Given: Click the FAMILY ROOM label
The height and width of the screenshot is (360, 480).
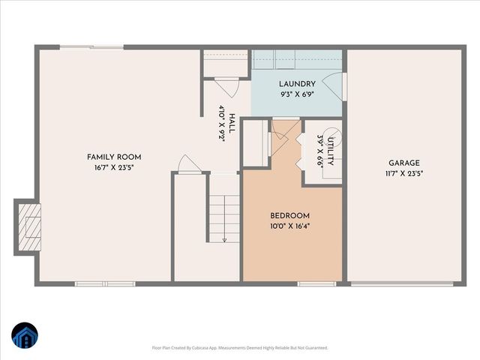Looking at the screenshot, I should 114,157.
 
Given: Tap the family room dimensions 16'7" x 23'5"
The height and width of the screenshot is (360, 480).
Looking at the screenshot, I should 114,167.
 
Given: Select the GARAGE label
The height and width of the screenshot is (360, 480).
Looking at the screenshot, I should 403,163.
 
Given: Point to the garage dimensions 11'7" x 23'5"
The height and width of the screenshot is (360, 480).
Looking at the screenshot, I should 403,173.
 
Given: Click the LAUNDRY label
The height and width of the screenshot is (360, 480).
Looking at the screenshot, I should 297,84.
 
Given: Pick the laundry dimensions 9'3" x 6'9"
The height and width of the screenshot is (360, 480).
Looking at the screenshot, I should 297,94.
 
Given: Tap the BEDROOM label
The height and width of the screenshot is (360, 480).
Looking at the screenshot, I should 290,216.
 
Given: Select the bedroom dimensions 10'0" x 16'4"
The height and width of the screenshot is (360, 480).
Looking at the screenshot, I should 290,226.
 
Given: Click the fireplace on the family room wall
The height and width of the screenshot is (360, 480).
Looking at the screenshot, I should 28,227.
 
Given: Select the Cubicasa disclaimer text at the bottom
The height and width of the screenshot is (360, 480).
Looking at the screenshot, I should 240,348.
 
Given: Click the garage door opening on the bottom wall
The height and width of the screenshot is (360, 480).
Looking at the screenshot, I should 402,283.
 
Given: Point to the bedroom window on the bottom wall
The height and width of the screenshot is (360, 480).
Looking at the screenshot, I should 316,283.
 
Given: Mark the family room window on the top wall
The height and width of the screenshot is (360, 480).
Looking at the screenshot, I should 91,47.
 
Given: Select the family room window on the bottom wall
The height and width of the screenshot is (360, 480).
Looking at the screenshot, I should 105,283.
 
